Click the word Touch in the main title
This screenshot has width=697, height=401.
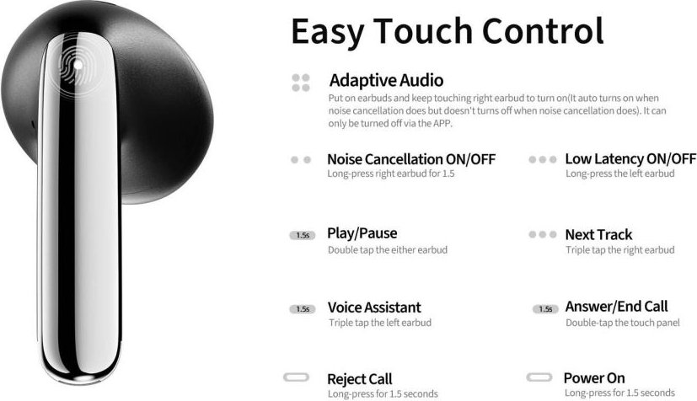423,31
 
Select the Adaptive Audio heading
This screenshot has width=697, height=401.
386,80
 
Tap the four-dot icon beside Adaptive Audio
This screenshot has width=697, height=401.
301,83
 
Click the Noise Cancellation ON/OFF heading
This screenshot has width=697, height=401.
411,159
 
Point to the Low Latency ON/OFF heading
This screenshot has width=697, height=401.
630,158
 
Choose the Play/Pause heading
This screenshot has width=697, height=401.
362,233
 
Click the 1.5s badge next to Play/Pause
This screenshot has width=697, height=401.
303,235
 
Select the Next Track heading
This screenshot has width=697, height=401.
598,234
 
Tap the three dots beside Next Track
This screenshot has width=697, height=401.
542,234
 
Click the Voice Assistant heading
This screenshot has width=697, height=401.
374,307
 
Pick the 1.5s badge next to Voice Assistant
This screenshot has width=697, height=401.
303,309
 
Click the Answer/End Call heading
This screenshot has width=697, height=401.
617,307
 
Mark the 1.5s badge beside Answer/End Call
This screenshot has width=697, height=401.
545,309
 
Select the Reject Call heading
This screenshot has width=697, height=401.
360,379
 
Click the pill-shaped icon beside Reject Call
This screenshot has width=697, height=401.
296,377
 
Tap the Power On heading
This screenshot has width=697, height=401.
594,378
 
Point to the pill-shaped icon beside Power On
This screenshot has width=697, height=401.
539,377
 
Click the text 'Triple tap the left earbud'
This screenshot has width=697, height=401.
380,323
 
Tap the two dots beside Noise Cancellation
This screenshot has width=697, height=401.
301,160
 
